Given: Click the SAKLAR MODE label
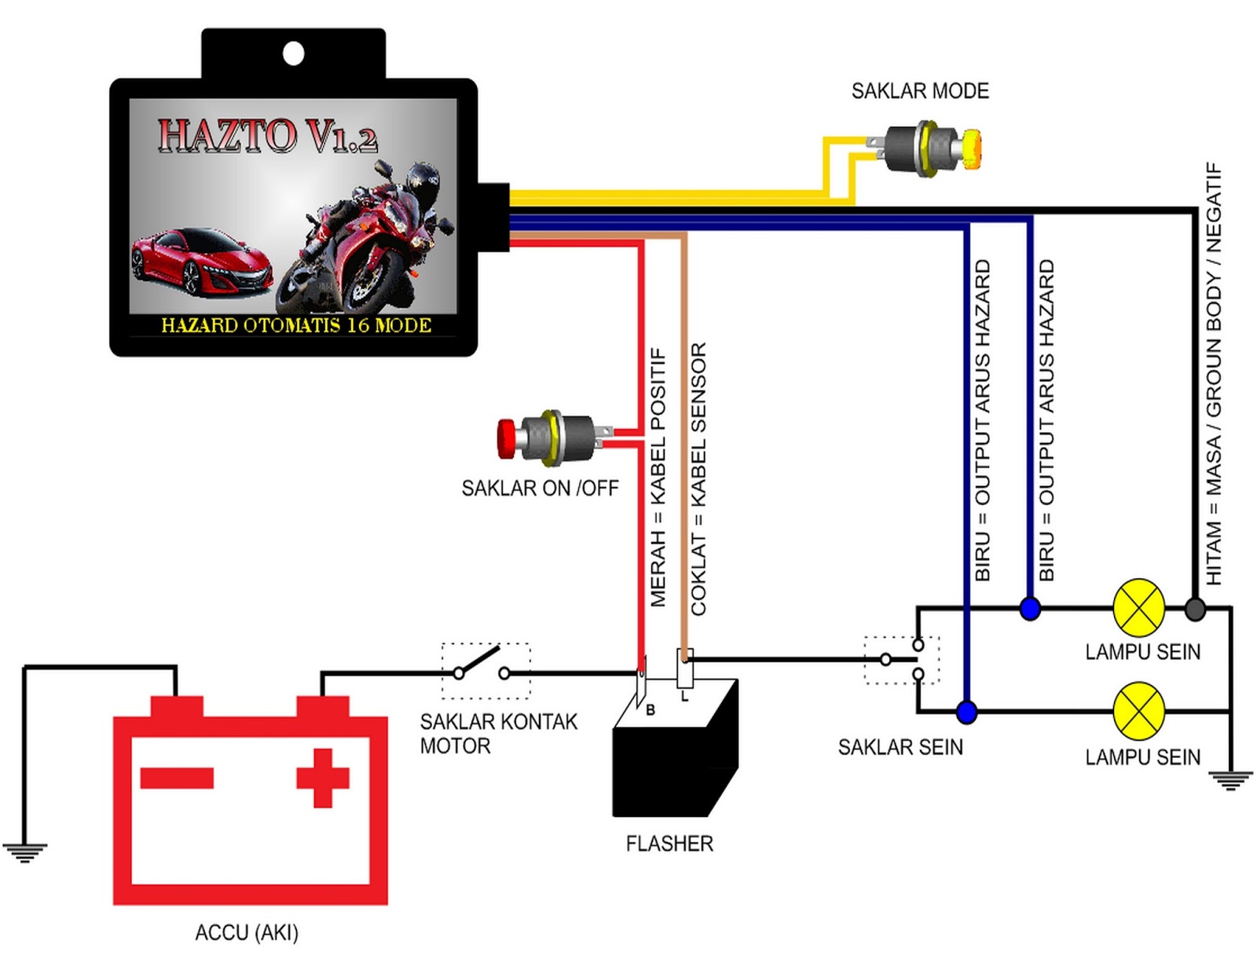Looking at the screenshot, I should coord(920,91).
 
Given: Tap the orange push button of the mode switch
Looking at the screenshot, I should coord(971,148).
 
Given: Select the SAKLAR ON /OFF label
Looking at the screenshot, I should coord(540,489).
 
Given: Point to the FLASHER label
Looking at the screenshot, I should coord(669,844).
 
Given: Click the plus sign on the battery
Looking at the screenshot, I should coord(322,778).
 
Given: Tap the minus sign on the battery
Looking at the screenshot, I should coord(177,778).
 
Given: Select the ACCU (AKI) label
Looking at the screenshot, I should coord(247,932).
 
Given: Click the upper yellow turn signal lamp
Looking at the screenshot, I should coord(1139,608).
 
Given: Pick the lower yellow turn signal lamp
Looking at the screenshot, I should coord(1139,711).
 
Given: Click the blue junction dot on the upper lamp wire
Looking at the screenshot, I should coord(1030,609).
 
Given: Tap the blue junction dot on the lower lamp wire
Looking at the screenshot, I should coord(966,712).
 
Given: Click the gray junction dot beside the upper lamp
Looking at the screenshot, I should coord(1195,609).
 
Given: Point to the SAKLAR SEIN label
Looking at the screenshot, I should coord(900,747).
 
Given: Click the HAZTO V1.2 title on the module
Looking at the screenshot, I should coord(268,136).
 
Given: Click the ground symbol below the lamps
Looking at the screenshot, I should coord(1230,780).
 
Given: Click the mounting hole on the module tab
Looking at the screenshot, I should coord(293,54).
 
